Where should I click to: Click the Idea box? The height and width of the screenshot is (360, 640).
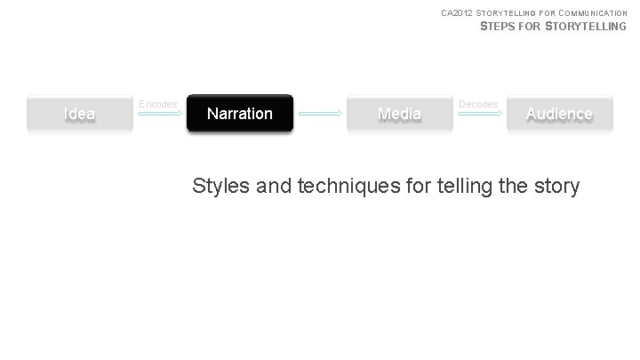80,114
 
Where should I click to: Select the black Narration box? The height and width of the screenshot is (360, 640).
239,114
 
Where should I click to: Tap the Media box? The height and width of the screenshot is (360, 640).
399,114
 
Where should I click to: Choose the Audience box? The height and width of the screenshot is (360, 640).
559,114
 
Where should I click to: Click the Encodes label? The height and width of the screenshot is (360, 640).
158,104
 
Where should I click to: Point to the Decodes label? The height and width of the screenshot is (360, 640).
478,104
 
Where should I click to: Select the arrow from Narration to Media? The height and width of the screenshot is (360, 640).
319,114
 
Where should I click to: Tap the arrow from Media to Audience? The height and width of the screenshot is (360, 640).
479,114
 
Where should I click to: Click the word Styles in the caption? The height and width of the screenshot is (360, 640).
220,187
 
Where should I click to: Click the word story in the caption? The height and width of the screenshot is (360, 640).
556,187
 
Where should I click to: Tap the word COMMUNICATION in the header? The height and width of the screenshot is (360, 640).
595,12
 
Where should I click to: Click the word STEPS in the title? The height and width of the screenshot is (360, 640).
496,27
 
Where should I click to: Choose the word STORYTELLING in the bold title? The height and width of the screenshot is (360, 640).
587,27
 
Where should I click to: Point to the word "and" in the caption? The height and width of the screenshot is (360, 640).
274,187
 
